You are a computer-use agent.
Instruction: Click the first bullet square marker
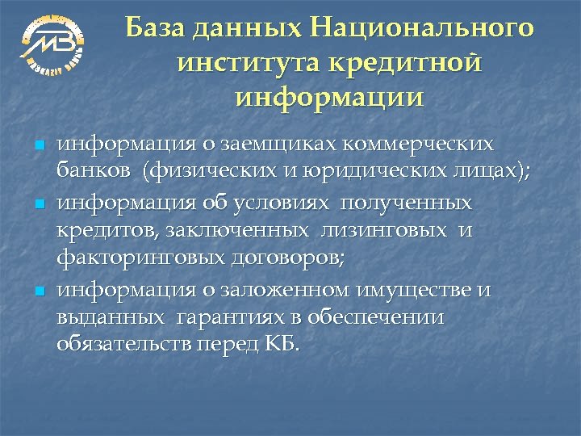[x=37, y=146]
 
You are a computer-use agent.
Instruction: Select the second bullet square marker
[x=37, y=203]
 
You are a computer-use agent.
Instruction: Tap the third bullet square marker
[x=37, y=290]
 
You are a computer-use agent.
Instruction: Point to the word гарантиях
[x=229, y=317]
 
